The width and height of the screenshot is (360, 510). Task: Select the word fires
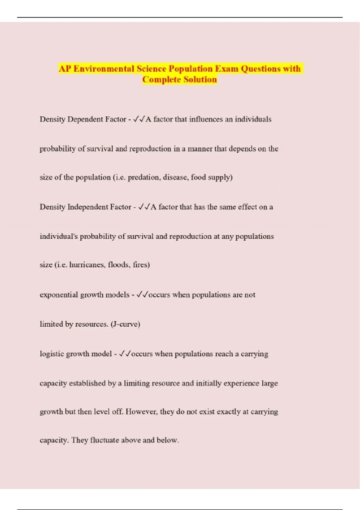pos(141,265)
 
